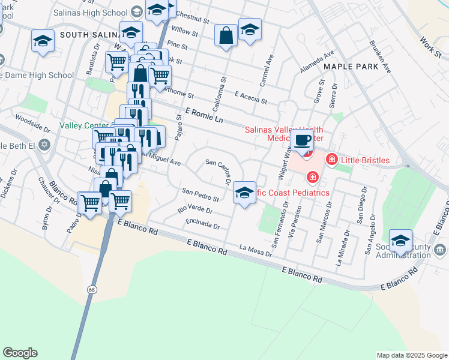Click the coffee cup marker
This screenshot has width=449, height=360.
(304, 142)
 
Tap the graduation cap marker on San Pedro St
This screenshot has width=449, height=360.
(244, 193)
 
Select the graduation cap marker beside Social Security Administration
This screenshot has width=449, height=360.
(400, 241)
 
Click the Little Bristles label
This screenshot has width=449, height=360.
(365, 160)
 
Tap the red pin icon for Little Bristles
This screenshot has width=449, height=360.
(331, 160)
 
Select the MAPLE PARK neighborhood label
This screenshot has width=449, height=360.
(351, 67)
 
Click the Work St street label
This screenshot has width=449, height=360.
(430, 43)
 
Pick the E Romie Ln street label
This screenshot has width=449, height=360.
(205, 116)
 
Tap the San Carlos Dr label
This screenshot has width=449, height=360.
(219, 170)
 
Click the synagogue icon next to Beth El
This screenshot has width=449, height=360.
(43, 145)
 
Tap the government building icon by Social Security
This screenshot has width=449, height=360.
(440, 248)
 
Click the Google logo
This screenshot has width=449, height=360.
(20, 353)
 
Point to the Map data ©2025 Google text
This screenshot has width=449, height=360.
(411, 355)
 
